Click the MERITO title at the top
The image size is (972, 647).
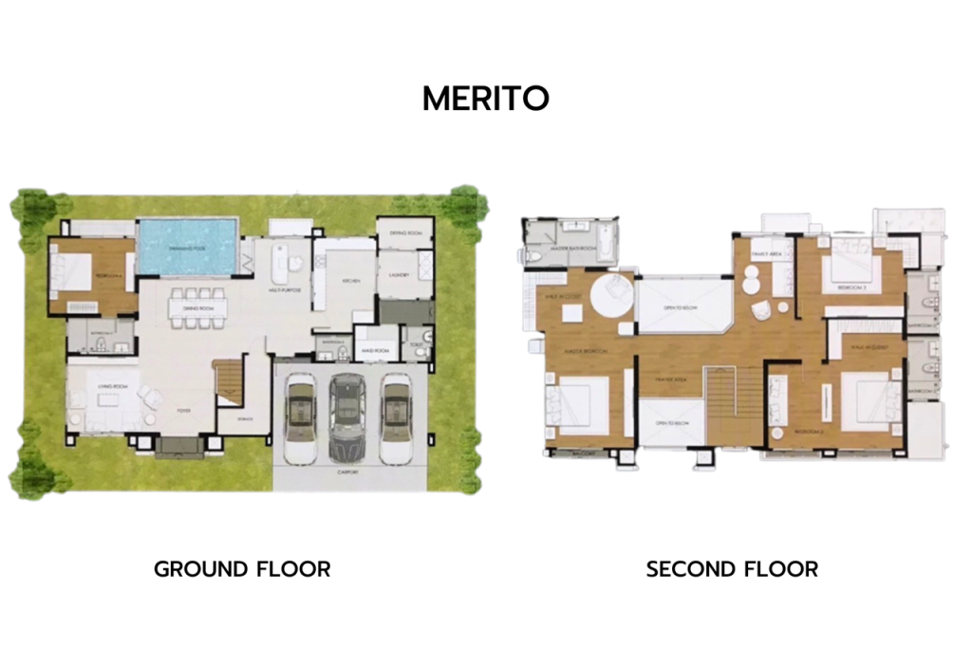click(x=485, y=99)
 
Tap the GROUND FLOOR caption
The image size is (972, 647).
click(x=242, y=569)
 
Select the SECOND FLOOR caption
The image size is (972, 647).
click(x=732, y=569)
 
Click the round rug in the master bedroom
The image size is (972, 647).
click(x=611, y=297)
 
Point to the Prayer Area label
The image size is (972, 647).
click(x=670, y=381)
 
